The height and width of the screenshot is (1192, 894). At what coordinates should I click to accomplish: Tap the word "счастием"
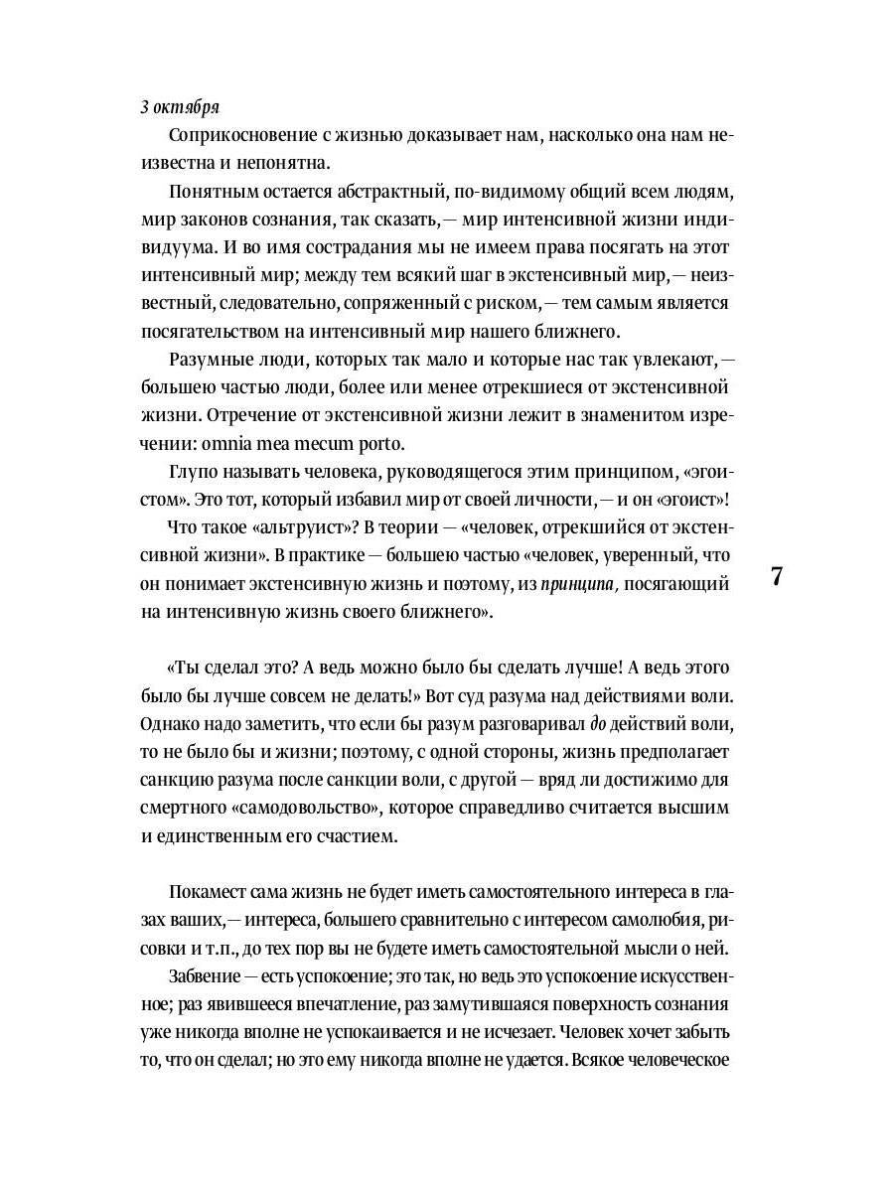pos(356,835)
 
